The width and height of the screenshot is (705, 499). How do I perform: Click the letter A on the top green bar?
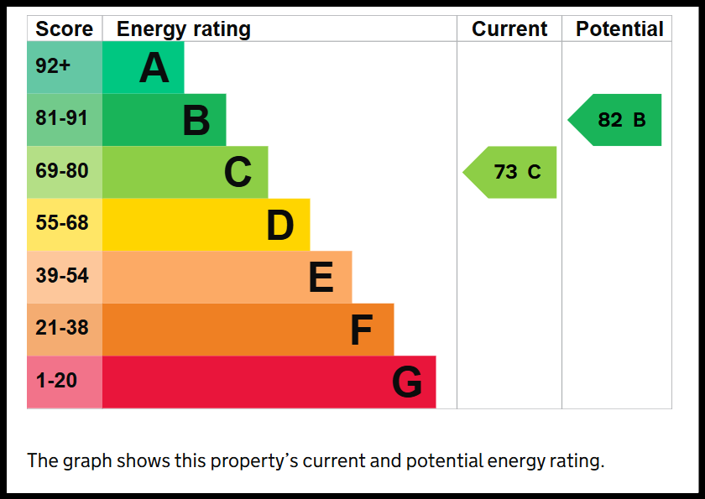pos(154,68)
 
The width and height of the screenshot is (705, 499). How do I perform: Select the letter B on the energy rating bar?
pos(196,120)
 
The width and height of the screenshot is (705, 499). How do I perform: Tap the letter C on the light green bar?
pos(238,172)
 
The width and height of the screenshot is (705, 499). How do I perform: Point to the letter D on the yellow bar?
pos(280,225)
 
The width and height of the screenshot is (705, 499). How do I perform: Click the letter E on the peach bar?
pos(321,277)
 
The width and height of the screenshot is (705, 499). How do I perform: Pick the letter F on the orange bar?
pos(362,330)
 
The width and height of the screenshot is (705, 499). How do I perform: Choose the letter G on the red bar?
pos(407,382)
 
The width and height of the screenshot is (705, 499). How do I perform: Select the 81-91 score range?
pos(61,118)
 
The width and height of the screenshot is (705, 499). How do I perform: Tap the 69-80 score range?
pos(62,171)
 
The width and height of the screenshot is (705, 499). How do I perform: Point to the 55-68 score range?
pos(62,223)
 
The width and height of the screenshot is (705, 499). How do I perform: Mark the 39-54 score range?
pos(62,275)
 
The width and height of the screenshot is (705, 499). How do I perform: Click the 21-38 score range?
pos(62,328)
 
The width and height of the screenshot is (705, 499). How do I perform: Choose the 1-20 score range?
pos(56,381)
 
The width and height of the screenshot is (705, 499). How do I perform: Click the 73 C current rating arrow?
pos(509,172)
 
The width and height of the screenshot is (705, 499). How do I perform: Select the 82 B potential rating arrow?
pos(614,120)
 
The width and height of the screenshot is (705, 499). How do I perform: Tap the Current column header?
pos(509,29)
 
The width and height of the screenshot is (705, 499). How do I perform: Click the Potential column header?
pos(619,29)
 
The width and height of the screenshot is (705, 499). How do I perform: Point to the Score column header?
pos(65,29)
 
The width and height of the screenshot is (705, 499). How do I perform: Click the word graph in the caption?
pos(87,462)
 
